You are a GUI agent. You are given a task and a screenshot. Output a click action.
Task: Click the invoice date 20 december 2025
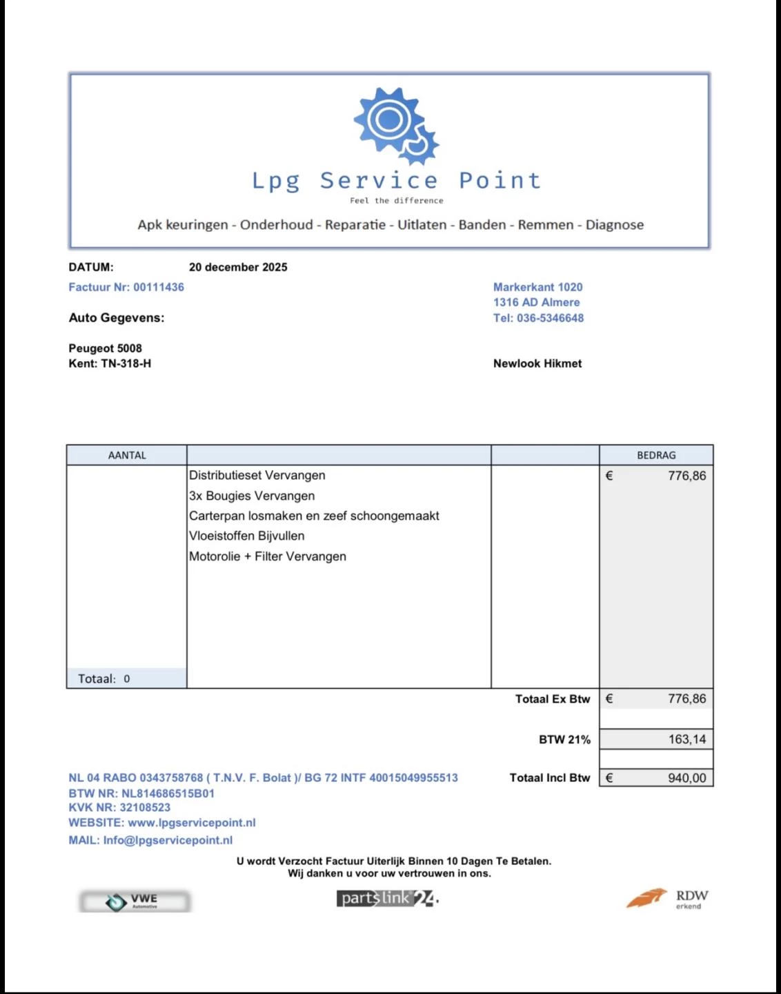[x=238, y=267]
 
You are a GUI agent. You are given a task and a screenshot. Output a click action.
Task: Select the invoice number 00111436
[x=159, y=287]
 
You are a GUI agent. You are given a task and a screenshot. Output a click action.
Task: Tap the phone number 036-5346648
[x=550, y=318]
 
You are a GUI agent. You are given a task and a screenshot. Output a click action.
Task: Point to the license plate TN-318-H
[x=126, y=364]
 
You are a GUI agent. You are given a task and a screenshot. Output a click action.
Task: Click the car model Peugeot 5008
[x=105, y=349]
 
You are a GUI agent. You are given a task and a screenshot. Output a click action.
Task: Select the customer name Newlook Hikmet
[x=537, y=364]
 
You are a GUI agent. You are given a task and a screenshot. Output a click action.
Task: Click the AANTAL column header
[x=127, y=456]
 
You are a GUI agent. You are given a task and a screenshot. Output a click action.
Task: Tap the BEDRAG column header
[x=656, y=456]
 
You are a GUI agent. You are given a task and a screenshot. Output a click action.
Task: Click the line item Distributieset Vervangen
[x=257, y=476]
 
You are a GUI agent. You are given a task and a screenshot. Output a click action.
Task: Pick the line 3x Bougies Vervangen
[x=252, y=496]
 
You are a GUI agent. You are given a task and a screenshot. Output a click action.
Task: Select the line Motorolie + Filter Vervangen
[x=268, y=556]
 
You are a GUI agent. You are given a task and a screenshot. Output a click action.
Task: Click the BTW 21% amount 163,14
[x=686, y=739]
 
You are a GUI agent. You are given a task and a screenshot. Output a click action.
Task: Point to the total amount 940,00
[x=686, y=778]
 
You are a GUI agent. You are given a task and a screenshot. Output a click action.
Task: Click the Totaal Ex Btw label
[x=552, y=699]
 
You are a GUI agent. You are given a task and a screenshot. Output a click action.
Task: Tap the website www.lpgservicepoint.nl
[x=192, y=823]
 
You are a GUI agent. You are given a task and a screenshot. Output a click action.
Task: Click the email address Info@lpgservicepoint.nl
[x=168, y=840]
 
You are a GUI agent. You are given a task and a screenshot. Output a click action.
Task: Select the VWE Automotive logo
[x=135, y=901]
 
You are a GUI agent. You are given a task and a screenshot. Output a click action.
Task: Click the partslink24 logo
[x=387, y=898]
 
